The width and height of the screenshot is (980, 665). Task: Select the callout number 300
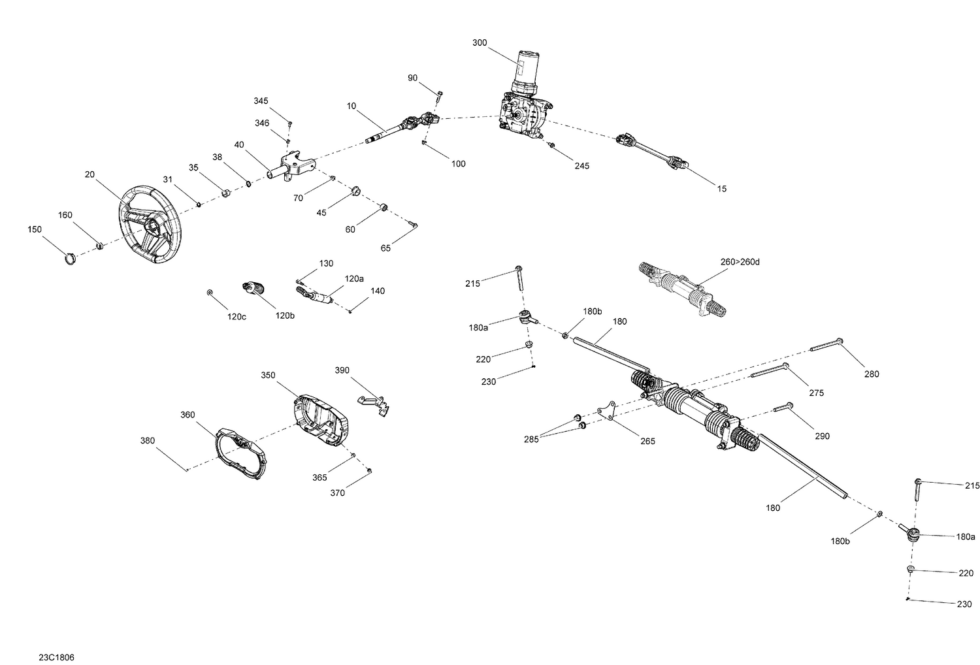pyautogui.click(x=480, y=42)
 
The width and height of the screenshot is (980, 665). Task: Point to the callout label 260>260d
pyautogui.click(x=740, y=262)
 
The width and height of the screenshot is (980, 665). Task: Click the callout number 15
pyautogui.click(x=721, y=189)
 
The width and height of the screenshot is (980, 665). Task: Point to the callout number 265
pyautogui.click(x=647, y=442)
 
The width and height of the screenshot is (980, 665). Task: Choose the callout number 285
pyautogui.click(x=531, y=440)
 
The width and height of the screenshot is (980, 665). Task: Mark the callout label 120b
pyautogui.click(x=285, y=316)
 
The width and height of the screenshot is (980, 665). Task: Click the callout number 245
pyautogui.click(x=581, y=166)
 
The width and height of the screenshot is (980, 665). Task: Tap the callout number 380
pyautogui.click(x=148, y=440)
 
